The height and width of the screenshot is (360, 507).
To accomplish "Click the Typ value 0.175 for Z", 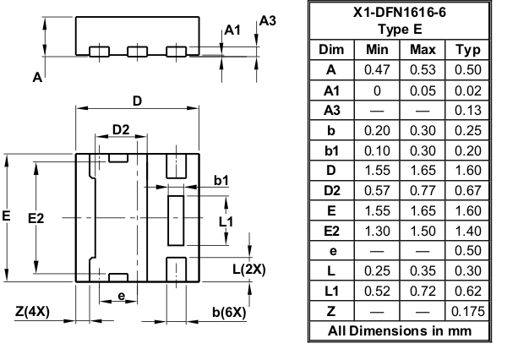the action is (x=467, y=311).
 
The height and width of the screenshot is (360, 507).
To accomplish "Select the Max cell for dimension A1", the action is (x=422, y=90).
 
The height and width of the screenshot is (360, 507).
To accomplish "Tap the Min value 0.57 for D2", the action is (x=377, y=190).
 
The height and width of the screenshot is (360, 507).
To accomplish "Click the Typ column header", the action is (x=467, y=50).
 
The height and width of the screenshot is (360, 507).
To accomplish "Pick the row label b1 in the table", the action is (x=331, y=150).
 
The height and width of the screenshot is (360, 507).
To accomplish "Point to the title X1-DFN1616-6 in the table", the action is (x=400, y=13).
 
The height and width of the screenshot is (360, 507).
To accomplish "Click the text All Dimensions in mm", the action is (x=400, y=331).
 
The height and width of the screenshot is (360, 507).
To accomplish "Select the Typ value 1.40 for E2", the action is (x=467, y=231).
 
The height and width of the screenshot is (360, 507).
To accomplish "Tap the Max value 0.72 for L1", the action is (x=422, y=291).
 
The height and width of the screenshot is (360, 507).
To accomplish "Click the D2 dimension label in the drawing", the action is (x=121, y=129).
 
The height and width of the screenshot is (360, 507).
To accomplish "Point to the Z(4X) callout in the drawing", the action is (x=32, y=312).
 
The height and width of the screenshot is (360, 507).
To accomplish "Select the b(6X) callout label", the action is (x=229, y=313).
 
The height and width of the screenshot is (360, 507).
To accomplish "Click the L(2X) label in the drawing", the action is (x=249, y=269).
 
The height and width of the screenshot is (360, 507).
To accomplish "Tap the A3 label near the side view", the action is (x=267, y=21).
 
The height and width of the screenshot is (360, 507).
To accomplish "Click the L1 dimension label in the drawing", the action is (x=226, y=222).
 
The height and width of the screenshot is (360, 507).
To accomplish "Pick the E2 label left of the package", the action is (x=35, y=219).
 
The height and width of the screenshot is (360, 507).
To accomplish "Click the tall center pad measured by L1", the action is (x=176, y=221).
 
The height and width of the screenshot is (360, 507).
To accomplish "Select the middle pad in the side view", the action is (x=138, y=52).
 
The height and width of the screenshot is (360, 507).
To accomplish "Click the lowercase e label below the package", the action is (x=121, y=296).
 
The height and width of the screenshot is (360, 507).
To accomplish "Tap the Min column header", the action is (x=377, y=50).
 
